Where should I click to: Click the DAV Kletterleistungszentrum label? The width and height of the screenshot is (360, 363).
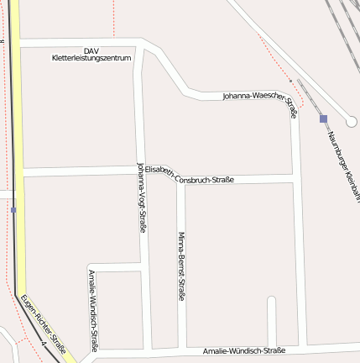91,55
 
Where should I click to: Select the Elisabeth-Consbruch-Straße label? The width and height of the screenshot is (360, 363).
188,175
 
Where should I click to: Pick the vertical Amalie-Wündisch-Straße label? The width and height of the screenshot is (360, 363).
92,310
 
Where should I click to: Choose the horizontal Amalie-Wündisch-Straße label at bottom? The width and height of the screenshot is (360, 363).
244,350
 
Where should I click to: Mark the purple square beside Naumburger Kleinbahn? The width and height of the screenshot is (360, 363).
323,118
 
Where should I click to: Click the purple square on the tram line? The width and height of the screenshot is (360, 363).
13,209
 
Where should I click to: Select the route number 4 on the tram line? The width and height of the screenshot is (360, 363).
42,343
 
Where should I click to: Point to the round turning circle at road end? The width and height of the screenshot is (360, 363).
351,121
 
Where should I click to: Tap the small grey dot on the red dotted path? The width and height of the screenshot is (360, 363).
290,81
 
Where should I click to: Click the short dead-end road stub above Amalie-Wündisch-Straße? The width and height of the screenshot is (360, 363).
271,319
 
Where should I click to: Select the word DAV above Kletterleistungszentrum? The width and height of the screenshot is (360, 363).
91,50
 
